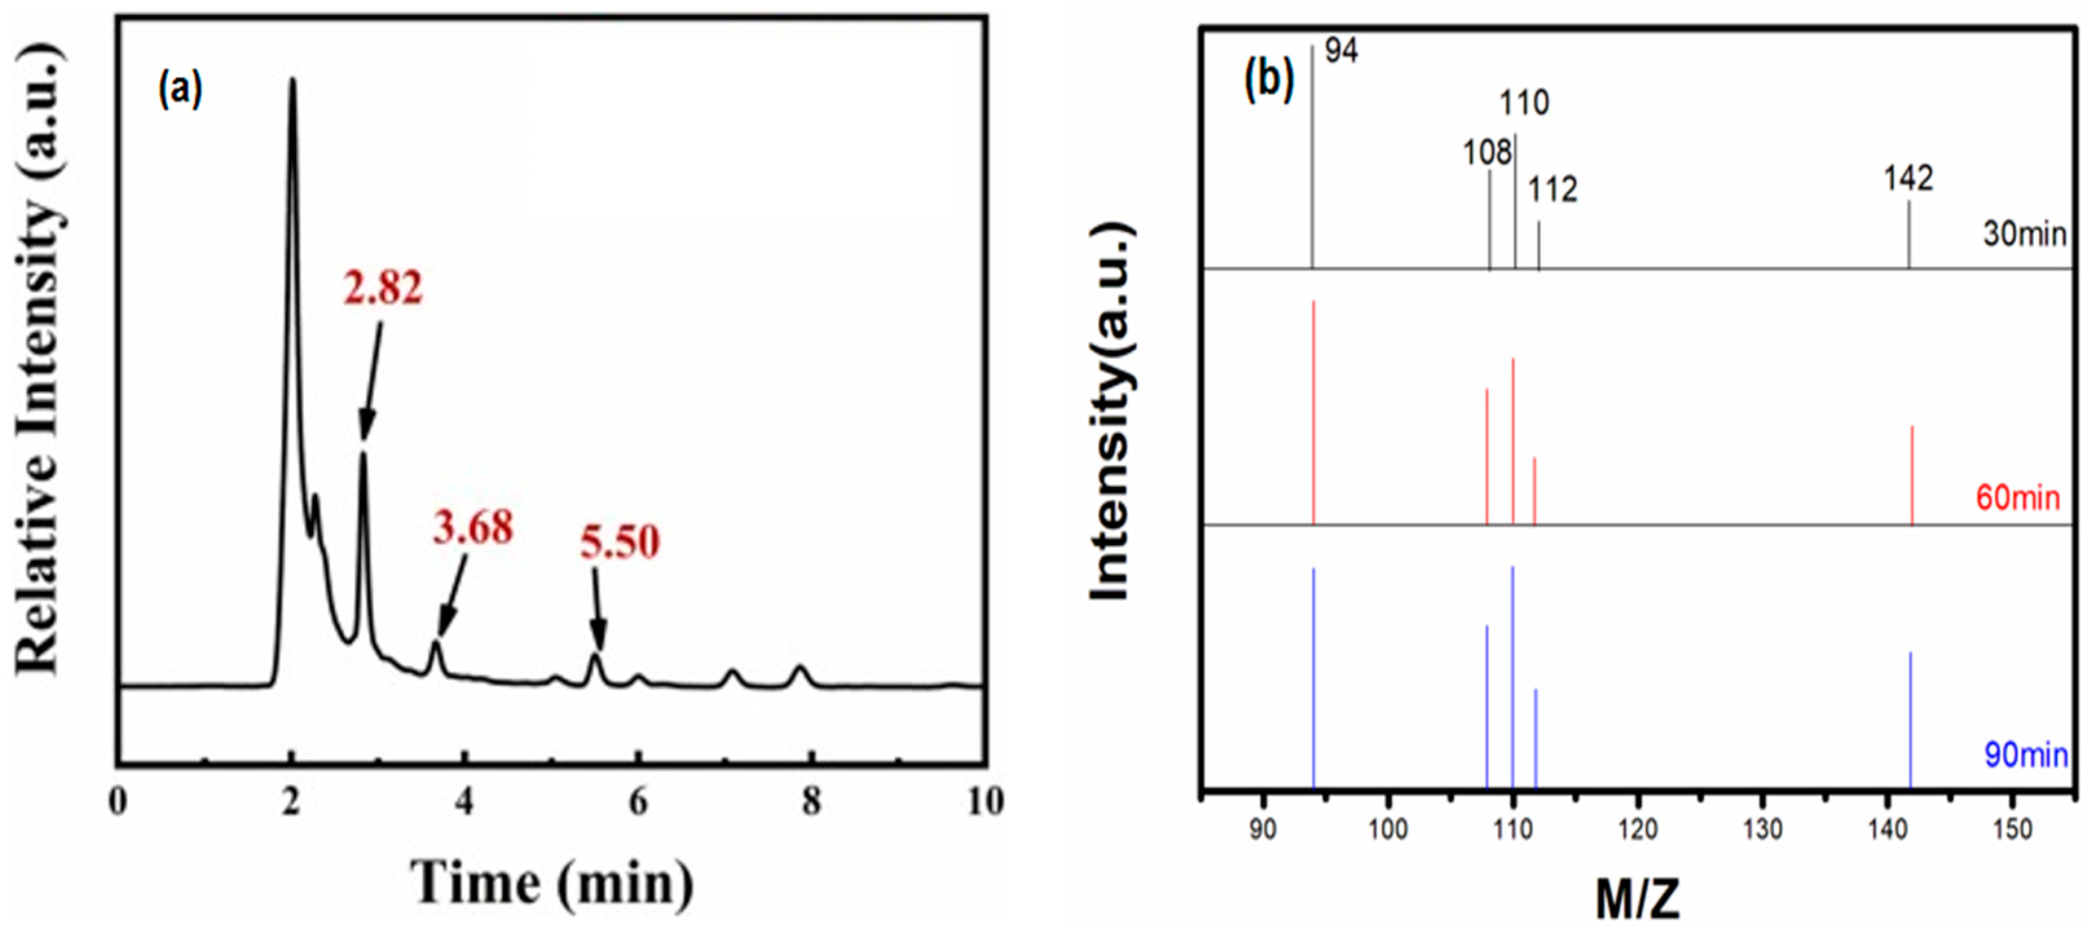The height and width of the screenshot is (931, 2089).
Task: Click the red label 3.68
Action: (x=473, y=528)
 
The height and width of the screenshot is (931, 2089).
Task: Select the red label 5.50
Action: (x=620, y=542)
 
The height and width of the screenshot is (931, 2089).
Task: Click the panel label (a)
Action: (x=180, y=89)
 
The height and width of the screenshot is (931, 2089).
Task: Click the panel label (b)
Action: (x=1269, y=80)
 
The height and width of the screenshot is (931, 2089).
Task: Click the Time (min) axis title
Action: (x=552, y=883)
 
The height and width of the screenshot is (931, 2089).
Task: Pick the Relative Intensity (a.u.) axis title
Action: (x=39, y=357)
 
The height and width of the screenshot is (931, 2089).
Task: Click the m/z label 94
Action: (x=1341, y=51)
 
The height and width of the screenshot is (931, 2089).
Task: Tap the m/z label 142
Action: (x=1907, y=178)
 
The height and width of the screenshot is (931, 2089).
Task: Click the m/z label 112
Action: (x=1553, y=190)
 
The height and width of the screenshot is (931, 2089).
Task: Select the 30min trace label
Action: (x=2024, y=235)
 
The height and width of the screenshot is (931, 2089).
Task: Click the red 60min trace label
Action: (x=2018, y=497)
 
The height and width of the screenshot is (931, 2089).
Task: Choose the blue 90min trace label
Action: (x=2025, y=755)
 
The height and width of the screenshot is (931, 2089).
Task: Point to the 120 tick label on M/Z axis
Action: (x=1638, y=829)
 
